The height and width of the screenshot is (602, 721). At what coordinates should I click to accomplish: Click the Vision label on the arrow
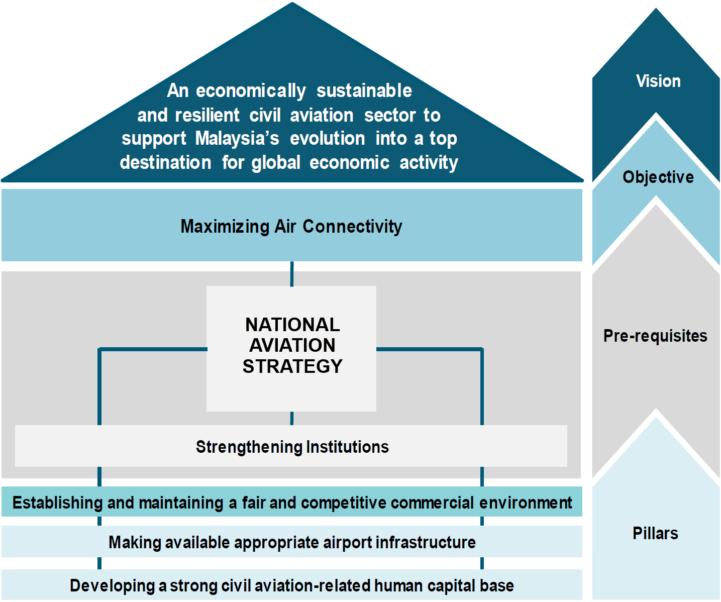point(658,81)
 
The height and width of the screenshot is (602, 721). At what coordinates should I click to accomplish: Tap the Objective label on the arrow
point(658,177)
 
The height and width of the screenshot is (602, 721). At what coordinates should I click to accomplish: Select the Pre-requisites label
point(655,336)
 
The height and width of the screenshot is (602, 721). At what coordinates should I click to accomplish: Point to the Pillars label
point(655,533)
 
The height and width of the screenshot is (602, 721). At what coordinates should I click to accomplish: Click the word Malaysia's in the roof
point(237,138)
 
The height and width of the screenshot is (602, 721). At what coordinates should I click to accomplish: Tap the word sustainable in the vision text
point(364,91)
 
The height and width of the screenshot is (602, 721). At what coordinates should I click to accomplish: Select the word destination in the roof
point(166,162)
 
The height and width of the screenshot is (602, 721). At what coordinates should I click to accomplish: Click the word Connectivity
point(352,227)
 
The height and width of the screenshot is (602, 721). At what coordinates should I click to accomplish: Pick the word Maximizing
point(225,227)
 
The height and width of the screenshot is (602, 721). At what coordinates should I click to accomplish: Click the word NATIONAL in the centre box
point(292,325)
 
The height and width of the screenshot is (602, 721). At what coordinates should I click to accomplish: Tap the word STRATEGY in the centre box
point(292,366)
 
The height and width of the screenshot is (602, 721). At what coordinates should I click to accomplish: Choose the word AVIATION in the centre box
point(292,345)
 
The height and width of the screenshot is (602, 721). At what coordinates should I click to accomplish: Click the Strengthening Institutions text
point(292,447)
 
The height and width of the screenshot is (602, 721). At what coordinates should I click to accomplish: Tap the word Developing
point(112,585)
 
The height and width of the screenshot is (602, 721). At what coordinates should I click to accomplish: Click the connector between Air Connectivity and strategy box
point(292,274)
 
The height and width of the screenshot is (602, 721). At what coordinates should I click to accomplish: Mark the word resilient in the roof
point(207,115)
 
